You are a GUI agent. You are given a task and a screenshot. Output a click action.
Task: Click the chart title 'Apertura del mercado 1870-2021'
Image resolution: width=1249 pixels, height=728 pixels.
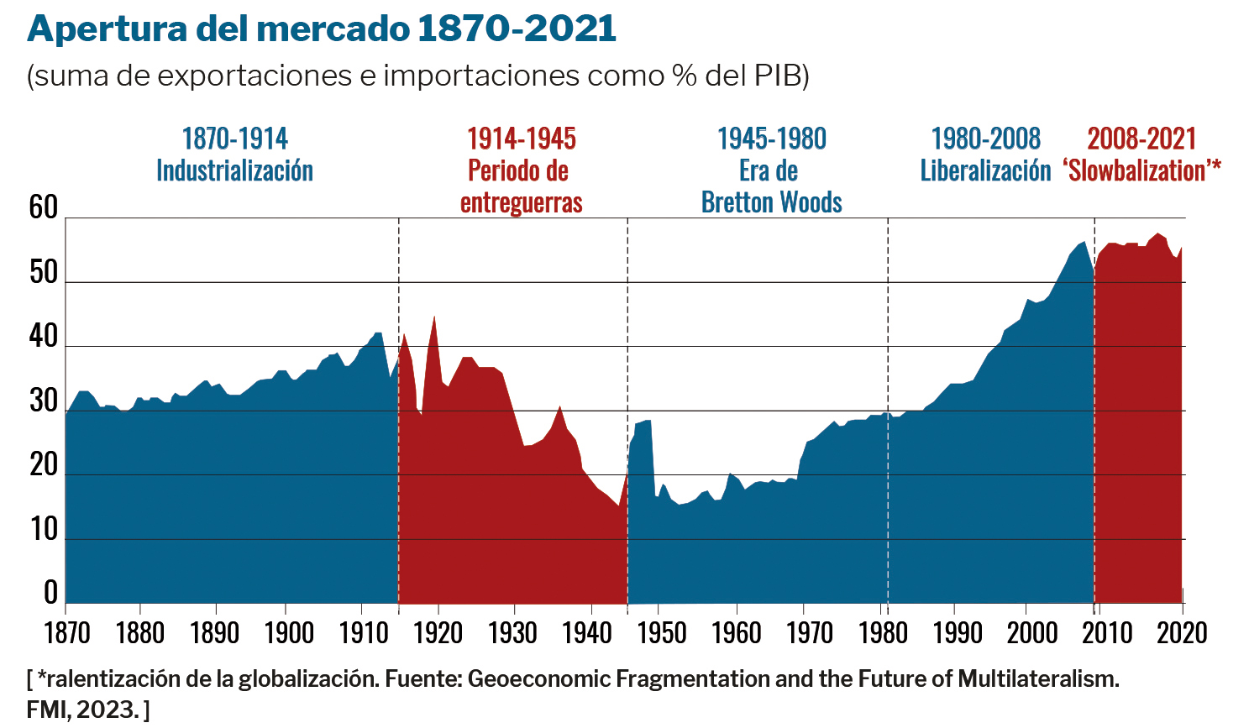click(322, 29)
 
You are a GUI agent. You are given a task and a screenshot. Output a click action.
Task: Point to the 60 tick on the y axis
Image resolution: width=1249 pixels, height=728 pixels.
click(44, 207)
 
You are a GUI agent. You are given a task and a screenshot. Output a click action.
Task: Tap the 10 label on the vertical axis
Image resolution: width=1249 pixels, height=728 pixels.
click(44, 529)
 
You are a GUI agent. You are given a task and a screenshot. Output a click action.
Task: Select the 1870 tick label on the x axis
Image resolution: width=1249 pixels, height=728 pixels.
click(66, 631)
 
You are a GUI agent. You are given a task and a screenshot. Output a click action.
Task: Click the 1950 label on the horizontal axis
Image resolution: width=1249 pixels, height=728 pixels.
click(661, 631)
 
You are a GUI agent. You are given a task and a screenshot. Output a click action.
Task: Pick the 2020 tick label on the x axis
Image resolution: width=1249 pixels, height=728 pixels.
click(1183, 631)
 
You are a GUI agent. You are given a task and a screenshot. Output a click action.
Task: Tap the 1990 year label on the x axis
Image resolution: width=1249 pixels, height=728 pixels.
click(958, 631)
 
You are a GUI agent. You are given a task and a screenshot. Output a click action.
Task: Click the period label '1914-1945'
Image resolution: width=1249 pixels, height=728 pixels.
click(521, 139)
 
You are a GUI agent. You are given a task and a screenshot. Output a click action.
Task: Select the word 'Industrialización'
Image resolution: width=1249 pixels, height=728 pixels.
click(234, 170)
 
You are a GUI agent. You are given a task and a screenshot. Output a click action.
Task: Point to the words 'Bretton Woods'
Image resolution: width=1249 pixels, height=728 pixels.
click(771, 202)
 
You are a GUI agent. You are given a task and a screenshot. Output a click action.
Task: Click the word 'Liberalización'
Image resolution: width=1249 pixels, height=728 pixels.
click(985, 170)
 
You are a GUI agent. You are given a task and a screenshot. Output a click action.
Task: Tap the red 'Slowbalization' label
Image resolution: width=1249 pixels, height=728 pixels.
click(1141, 170)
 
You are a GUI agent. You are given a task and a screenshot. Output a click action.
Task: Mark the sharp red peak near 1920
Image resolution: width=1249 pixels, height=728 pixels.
click(434, 317)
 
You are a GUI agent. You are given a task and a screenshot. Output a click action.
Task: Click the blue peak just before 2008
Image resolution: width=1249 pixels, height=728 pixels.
click(1084, 243)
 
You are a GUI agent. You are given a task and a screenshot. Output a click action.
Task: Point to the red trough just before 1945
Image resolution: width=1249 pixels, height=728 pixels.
click(618, 505)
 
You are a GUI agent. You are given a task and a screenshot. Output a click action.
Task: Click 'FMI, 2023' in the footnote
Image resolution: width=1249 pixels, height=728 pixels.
click(81, 710)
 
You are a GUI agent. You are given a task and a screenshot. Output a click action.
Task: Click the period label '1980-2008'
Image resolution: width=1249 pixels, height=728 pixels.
click(985, 139)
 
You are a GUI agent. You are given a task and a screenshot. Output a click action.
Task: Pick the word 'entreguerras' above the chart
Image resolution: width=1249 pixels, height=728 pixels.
click(521, 202)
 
